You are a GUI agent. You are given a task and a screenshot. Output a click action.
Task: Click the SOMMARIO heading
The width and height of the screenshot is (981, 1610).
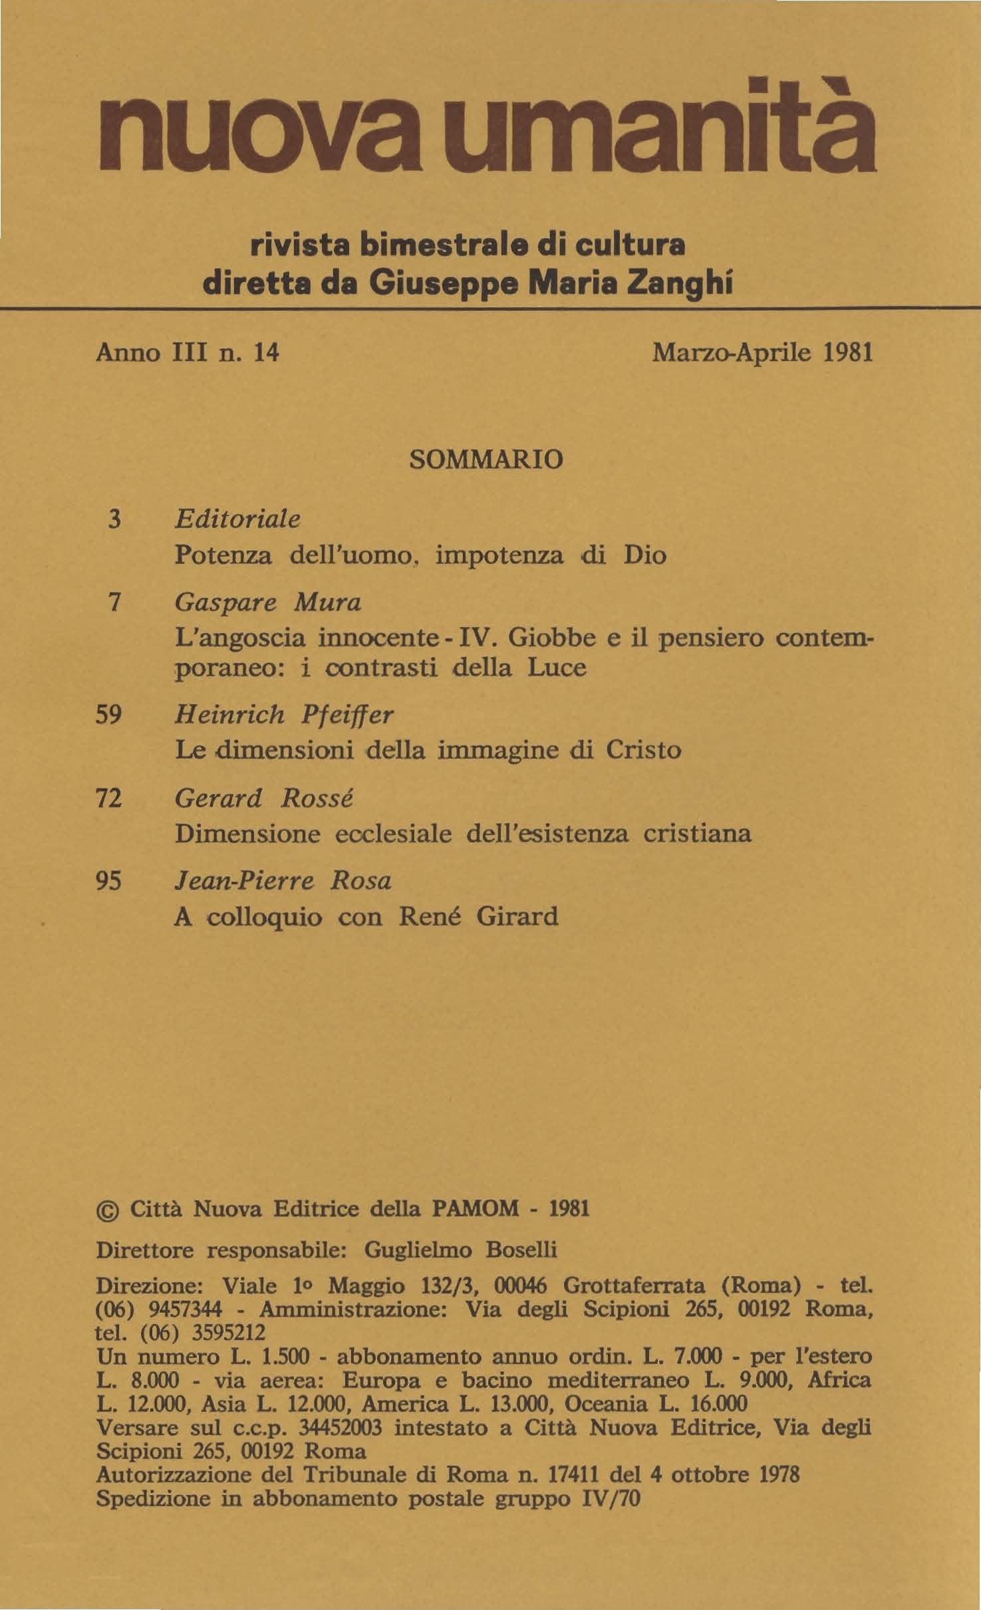click(488, 459)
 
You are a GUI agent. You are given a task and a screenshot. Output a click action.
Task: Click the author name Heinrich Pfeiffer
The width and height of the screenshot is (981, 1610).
click(283, 716)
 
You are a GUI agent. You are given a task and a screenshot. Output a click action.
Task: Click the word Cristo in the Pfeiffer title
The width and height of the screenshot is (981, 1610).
click(643, 751)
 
